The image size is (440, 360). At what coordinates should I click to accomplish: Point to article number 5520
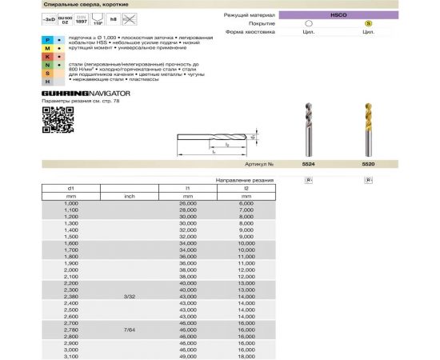click(x=368, y=163)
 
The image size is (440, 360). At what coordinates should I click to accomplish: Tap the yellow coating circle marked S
click(x=368, y=23)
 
